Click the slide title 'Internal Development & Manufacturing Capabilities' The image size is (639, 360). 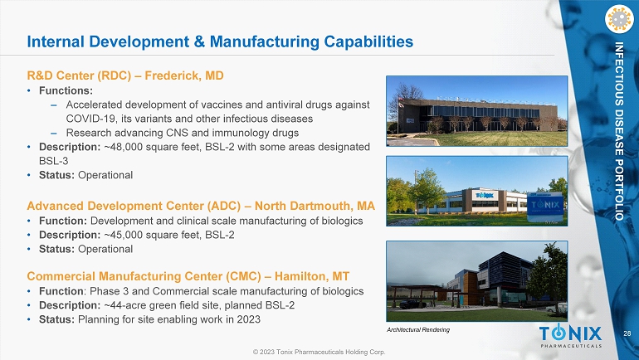click(220, 41)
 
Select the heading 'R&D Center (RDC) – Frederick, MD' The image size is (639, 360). click(125, 75)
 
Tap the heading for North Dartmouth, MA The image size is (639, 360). click(201, 206)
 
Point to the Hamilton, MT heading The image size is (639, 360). click(188, 276)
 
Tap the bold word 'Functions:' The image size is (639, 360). click(66, 90)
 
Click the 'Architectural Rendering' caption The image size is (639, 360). click(417, 329)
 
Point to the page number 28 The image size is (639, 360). click(627, 333)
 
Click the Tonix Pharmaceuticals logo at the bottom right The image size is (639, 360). click(571, 336)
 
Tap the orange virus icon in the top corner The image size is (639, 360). click(619, 19)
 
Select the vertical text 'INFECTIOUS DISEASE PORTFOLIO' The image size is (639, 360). click(619, 131)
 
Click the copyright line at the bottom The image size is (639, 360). click(319, 352)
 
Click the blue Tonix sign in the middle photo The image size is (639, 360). click(545, 207)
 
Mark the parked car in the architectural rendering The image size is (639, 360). click(412, 304)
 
